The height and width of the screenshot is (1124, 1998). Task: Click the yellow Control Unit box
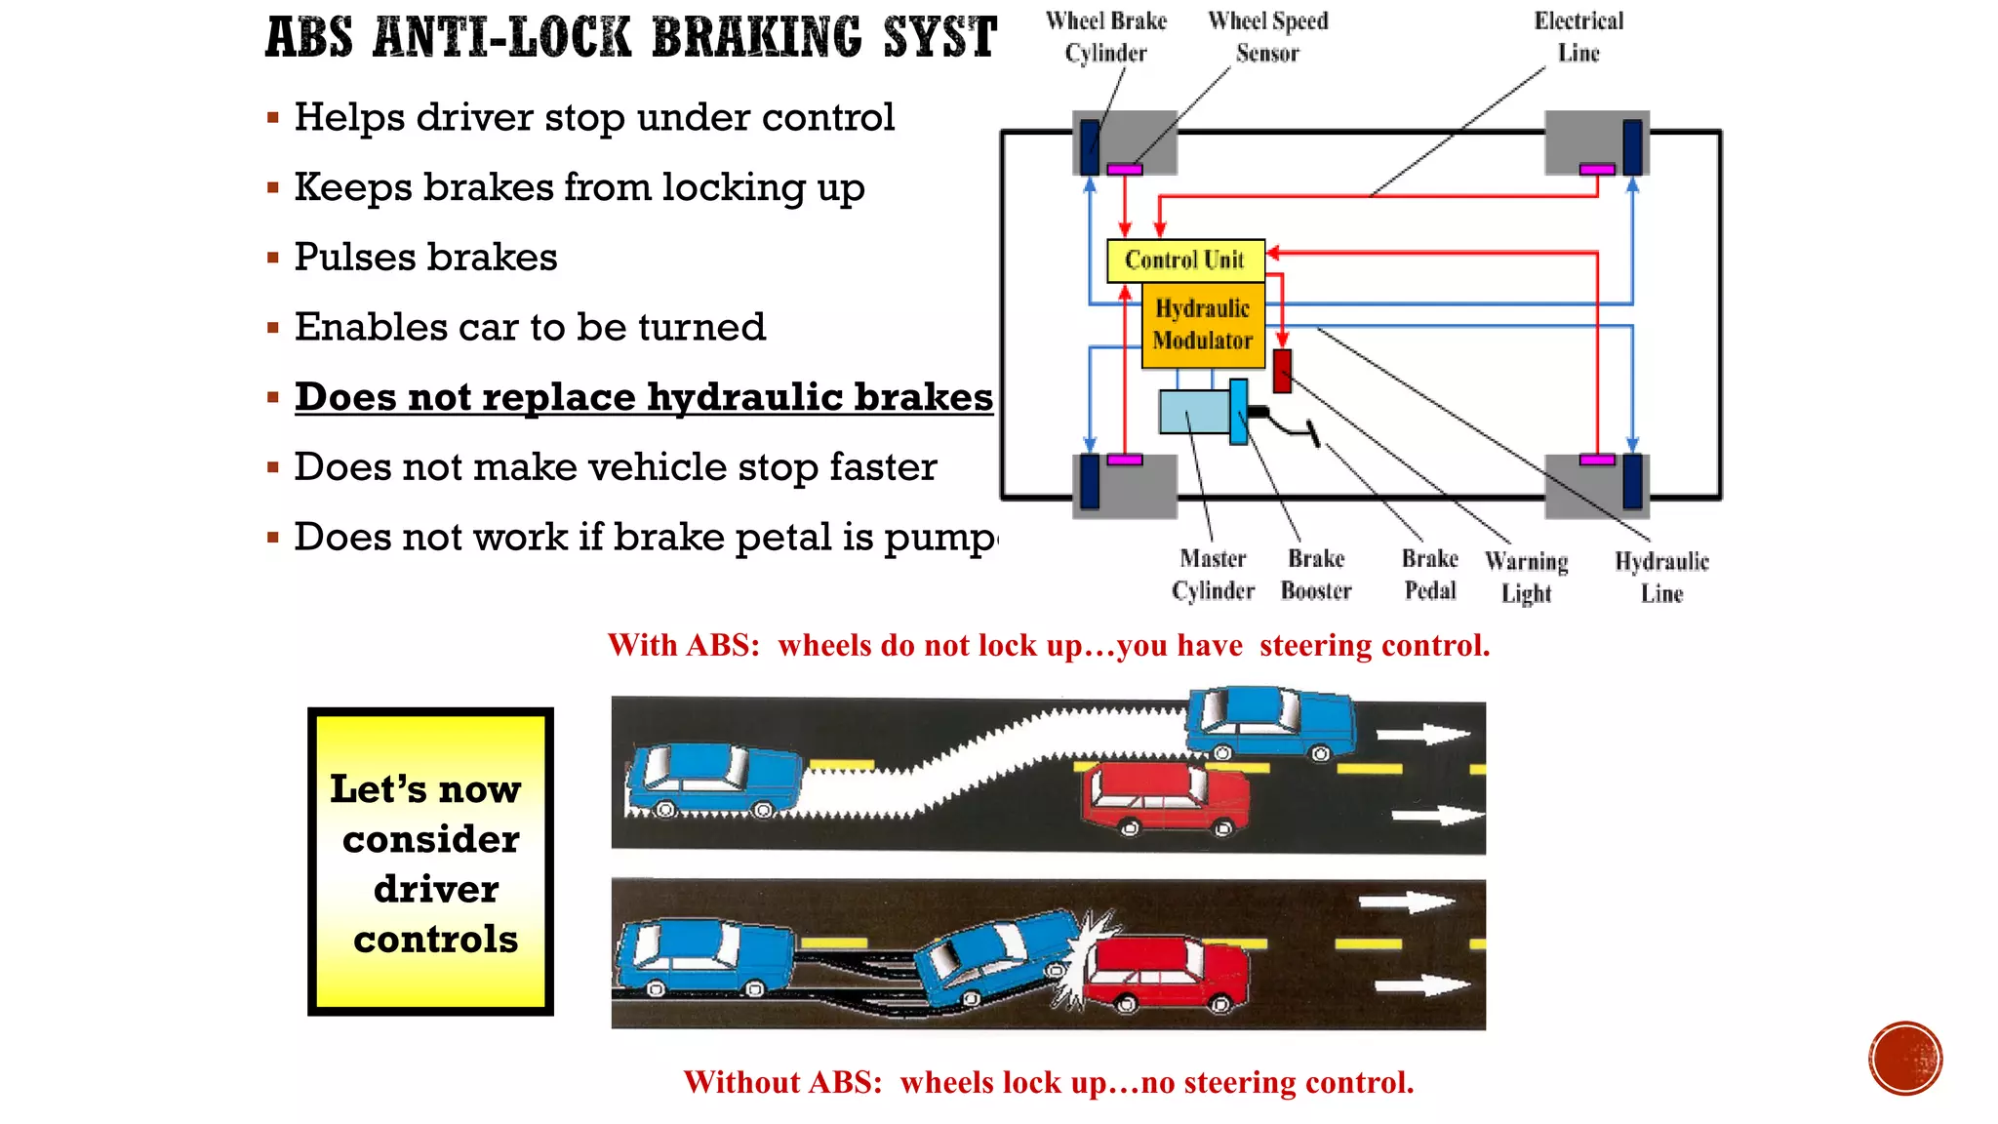1184,261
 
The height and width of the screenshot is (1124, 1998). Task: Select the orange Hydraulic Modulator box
1202,325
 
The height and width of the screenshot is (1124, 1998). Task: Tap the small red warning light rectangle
1282,372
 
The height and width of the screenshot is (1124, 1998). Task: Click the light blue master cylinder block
1194,412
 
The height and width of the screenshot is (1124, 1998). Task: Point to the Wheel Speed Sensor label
1267,37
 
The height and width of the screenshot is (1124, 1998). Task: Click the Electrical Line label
1578,37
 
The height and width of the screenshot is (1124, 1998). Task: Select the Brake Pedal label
1429,575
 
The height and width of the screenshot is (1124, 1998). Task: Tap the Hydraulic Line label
1660,577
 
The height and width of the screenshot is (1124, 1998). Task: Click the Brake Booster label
1315,575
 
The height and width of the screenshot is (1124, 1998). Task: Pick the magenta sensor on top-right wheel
1596,170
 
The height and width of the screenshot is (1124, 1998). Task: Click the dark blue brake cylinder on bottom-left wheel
1090,482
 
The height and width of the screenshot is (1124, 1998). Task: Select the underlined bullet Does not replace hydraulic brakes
643,397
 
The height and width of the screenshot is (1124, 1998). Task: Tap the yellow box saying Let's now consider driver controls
430,862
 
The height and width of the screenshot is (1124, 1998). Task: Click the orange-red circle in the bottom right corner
1904,1059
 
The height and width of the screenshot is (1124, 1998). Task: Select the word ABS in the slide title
308,39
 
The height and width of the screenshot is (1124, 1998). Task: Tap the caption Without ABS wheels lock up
1048,1082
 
